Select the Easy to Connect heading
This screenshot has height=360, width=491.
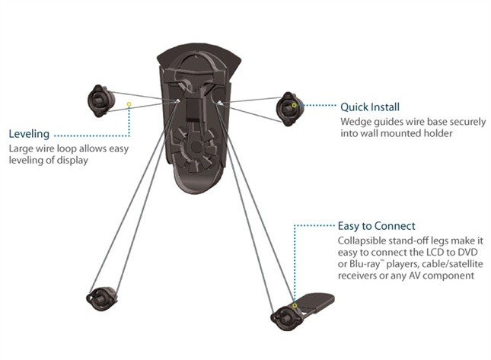tap(376, 225)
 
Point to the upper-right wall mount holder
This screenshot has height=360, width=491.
tap(289, 108)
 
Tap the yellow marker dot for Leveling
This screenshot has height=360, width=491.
tap(129, 104)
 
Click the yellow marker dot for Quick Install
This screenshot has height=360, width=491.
tap(295, 105)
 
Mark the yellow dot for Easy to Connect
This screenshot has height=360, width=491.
tap(295, 305)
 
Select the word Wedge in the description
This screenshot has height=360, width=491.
tap(355, 120)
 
